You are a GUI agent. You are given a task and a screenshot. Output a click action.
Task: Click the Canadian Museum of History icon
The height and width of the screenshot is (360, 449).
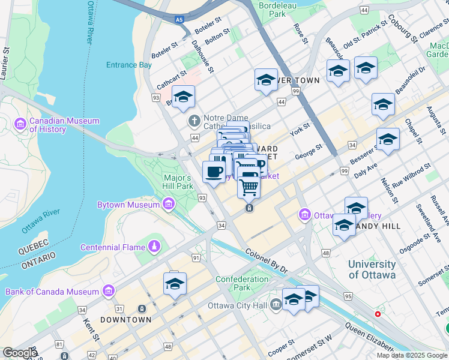20,124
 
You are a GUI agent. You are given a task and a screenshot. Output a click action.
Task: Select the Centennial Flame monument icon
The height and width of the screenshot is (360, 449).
154,247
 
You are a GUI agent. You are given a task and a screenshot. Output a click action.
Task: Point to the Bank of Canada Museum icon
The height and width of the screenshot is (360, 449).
109,292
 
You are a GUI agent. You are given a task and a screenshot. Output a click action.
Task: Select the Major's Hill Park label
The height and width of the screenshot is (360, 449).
178,182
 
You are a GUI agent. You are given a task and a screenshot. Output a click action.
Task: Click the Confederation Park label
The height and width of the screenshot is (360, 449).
242,283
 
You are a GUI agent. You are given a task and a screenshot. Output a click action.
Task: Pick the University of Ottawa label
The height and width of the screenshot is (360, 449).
372,269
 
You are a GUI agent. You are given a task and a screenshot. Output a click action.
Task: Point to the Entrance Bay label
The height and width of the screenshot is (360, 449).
129,65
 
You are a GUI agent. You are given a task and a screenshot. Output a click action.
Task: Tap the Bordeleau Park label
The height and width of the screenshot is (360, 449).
277,8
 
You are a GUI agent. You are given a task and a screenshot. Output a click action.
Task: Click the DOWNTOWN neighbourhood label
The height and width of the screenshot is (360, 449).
125,320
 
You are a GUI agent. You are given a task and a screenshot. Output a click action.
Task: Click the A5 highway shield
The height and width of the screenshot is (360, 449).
179,20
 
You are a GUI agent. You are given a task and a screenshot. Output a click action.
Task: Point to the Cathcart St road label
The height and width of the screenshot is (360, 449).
168,78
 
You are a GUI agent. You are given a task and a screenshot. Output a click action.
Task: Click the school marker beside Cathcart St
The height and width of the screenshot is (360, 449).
184,96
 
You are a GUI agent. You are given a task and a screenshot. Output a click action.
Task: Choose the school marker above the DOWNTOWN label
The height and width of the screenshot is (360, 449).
175,284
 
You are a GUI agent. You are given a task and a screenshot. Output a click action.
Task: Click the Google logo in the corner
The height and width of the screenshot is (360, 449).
20,353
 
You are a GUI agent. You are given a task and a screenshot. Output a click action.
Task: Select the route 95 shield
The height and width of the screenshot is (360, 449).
348,296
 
